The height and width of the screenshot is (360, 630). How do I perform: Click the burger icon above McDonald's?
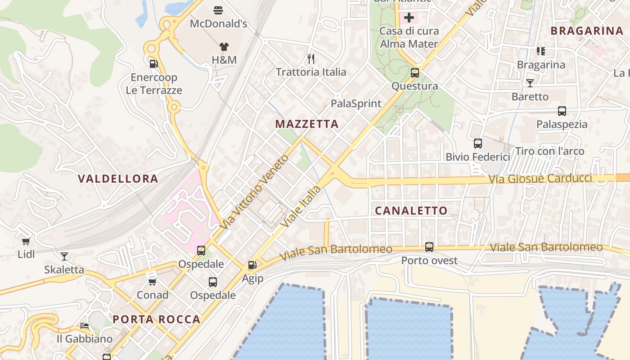coord(218,10)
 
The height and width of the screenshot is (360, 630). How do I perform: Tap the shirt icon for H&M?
coord(224,46)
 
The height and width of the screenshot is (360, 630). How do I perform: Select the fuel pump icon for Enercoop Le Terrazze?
coord(153,64)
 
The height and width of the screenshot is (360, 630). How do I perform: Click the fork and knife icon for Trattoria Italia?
coord(310,58)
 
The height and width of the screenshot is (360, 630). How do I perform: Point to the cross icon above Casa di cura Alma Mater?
coord(409,18)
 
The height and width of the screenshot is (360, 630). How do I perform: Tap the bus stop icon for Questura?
coord(415,72)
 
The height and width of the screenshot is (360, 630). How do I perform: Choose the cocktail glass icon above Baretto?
coord(530,83)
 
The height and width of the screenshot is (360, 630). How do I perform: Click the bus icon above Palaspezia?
coord(562,111)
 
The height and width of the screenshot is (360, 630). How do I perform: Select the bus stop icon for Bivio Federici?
coord(477,144)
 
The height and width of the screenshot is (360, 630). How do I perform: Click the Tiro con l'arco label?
coord(549,151)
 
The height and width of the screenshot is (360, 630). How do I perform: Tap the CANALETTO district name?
coord(411,211)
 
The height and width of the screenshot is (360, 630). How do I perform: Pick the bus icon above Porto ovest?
coord(429,247)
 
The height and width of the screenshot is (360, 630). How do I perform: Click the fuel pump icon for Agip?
coord(252,265)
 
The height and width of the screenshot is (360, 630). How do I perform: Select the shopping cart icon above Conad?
coord(153,282)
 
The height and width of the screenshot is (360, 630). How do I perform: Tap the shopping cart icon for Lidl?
coord(26,241)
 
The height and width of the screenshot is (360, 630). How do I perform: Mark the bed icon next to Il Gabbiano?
coord(84,325)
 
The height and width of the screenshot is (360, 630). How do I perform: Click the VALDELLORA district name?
coord(118,179)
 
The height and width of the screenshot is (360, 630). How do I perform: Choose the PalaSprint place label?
coord(356,103)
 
